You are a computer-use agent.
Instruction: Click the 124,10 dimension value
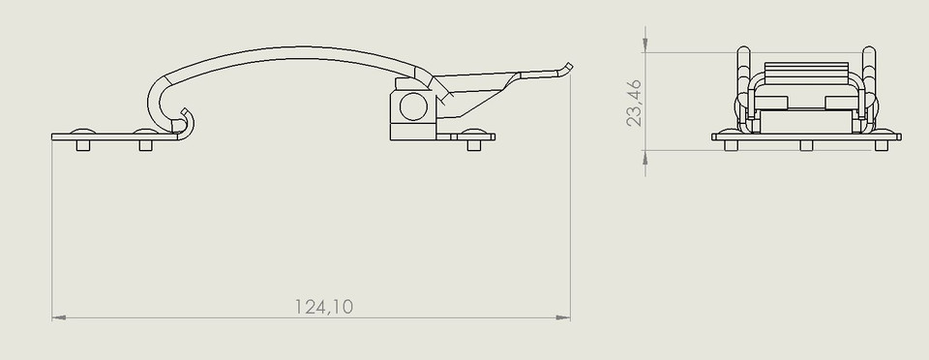pyautogui.click(x=324, y=307)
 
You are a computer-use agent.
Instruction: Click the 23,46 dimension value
pyautogui.click(x=635, y=104)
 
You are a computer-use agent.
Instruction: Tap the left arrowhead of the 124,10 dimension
pyautogui.click(x=57, y=316)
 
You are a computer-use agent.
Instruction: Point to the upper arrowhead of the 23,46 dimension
pyautogui.click(x=645, y=45)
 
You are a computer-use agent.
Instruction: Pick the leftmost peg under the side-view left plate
pyautogui.click(x=82, y=145)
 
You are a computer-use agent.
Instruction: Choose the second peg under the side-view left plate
pyautogui.click(x=146, y=145)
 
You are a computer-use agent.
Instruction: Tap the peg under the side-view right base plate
pyautogui.click(x=473, y=145)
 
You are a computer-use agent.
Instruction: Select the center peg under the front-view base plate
pyautogui.click(x=805, y=145)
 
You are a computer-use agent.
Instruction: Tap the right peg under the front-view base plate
pyautogui.click(x=882, y=145)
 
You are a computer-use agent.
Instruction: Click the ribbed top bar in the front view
pyautogui.click(x=805, y=69)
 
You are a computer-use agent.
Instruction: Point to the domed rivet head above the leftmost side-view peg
pyautogui.click(x=82, y=130)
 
